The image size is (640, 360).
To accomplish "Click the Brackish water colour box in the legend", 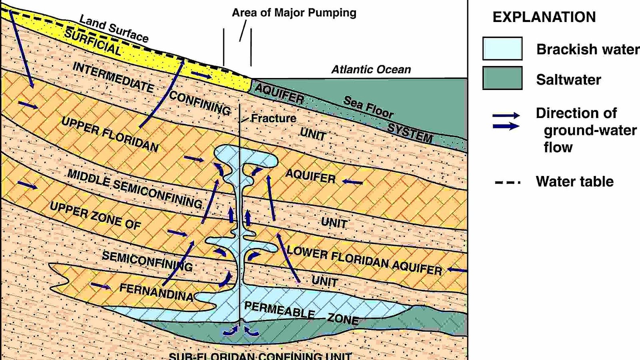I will pyautogui.click(x=502, y=48).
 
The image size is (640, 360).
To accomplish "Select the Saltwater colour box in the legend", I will pyautogui.click(x=502, y=78).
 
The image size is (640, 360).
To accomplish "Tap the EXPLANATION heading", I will pyautogui.click(x=544, y=17).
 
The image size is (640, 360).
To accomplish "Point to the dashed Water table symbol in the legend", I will pyautogui.click(x=508, y=182).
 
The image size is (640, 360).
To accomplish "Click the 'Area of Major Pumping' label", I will pyautogui.click(x=294, y=13).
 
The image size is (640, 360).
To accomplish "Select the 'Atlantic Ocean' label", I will pyautogui.click(x=371, y=70).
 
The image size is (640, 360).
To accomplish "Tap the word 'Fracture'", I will pyautogui.click(x=274, y=118).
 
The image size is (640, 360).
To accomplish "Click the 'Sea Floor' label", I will pyautogui.click(x=368, y=107).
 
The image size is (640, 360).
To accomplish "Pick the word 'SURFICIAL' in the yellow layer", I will pyautogui.click(x=93, y=42).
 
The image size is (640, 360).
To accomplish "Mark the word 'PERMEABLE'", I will pyautogui.click(x=279, y=310).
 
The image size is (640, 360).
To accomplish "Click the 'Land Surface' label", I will pyautogui.click(x=114, y=28).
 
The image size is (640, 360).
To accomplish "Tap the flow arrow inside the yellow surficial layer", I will pyautogui.click(x=201, y=75).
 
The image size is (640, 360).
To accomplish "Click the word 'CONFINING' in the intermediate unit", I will pyautogui.click(x=200, y=103).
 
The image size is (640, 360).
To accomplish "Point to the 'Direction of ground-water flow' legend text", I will pyautogui.click(x=586, y=130).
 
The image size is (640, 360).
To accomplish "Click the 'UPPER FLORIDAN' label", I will pyautogui.click(x=110, y=134).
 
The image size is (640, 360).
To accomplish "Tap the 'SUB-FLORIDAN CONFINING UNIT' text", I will pyautogui.click(x=260, y=356).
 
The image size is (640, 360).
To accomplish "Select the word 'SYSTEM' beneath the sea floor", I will pyautogui.click(x=410, y=133).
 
